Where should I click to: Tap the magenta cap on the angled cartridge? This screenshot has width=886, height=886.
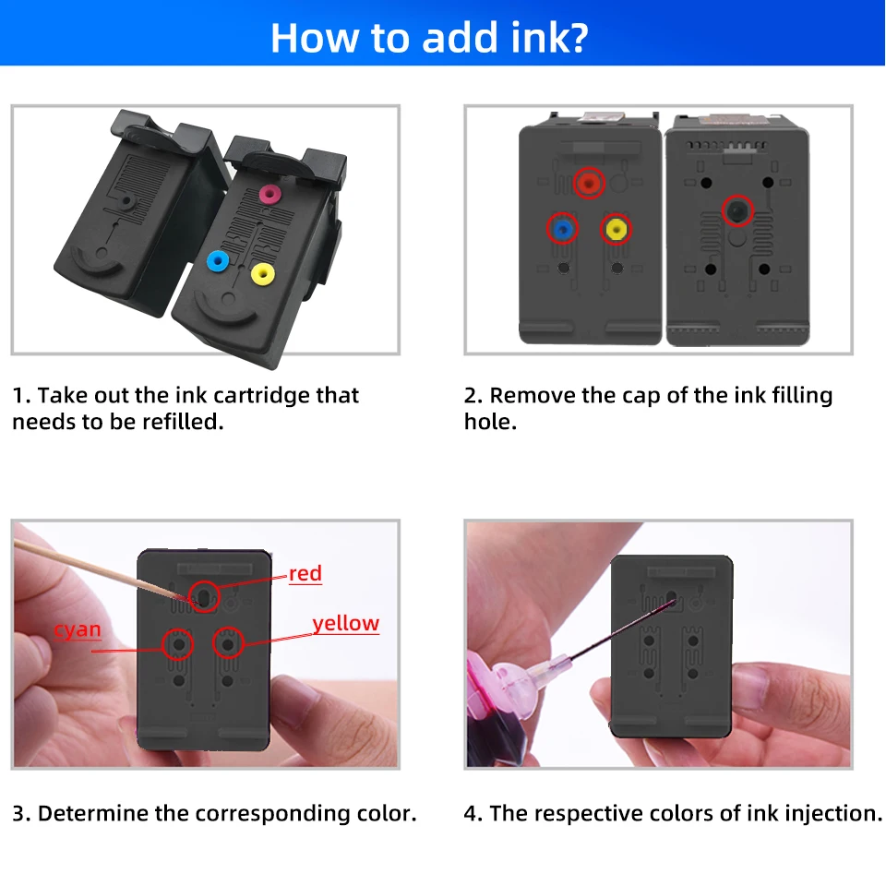pyautogui.click(x=270, y=194)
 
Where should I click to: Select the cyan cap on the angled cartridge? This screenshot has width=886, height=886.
pyautogui.click(x=218, y=261)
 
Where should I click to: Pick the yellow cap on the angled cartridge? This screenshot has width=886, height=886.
pyautogui.click(x=263, y=274)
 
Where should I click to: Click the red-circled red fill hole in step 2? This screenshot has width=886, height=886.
pyautogui.click(x=589, y=183)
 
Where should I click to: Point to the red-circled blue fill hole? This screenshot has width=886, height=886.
pyautogui.click(x=562, y=229)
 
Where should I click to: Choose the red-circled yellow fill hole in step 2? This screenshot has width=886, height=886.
pyautogui.click(x=616, y=229)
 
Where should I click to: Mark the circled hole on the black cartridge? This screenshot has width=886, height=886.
pyautogui.click(x=737, y=210)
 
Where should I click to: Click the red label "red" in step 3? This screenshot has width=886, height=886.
pyautogui.click(x=305, y=573)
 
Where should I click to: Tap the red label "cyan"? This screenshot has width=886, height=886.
pyautogui.click(x=78, y=629)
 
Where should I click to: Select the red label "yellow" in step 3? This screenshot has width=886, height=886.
pyautogui.click(x=346, y=623)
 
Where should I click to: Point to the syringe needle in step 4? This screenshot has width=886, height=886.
pyautogui.click(x=621, y=630)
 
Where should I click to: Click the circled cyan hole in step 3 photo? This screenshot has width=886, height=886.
pyautogui.click(x=177, y=644)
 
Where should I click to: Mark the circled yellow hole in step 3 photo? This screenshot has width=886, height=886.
pyautogui.click(x=228, y=643)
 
